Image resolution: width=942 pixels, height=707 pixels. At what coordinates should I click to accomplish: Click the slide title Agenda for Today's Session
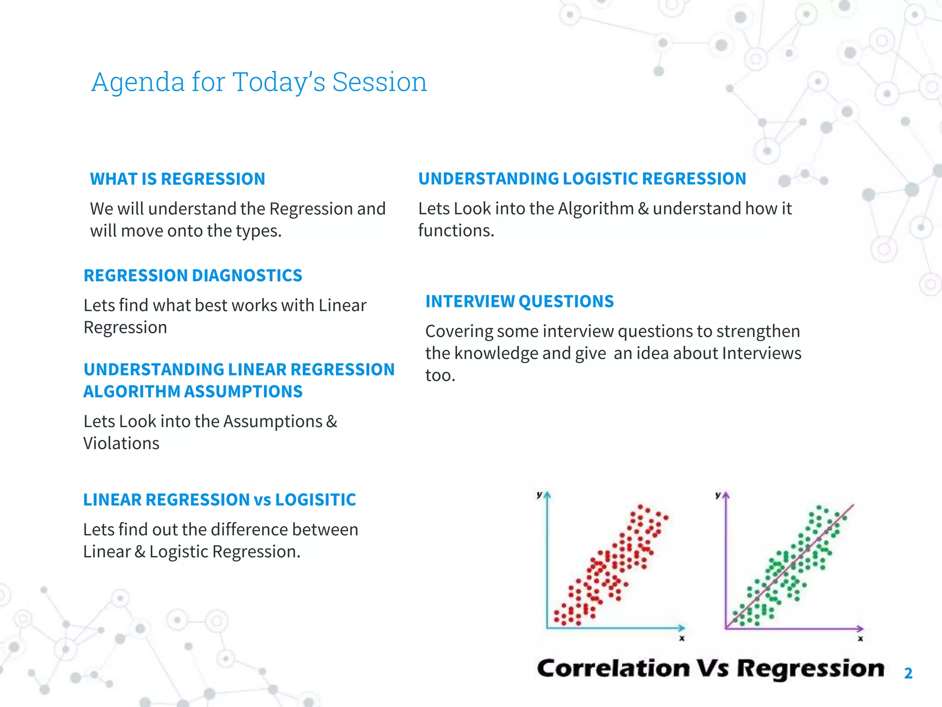[259, 82]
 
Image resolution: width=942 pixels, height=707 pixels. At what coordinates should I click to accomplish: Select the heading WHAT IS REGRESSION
[178, 179]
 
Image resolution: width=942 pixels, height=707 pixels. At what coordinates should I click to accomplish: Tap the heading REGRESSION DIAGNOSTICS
[193, 276]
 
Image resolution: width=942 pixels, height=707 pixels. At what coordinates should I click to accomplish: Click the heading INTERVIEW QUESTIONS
[519, 301]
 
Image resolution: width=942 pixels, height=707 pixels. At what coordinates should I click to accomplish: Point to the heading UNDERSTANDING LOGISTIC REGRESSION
[582, 179]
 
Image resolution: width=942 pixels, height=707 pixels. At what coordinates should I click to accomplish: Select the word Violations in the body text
[121, 444]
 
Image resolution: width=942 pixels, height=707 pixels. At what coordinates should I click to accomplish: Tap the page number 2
[908, 673]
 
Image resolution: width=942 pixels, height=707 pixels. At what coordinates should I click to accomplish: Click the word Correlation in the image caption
[613, 668]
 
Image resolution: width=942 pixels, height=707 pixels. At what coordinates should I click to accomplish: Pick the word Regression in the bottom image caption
[810, 668]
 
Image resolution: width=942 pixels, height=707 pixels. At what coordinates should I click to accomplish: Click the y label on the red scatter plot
[539, 495]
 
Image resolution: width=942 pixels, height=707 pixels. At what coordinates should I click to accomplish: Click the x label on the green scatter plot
[860, 639]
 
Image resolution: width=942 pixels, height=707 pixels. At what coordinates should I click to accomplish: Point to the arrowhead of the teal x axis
[682, 628]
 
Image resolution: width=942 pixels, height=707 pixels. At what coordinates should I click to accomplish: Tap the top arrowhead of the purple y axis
[726, 495]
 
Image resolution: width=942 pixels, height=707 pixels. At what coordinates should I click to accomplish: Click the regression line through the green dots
[789, 567]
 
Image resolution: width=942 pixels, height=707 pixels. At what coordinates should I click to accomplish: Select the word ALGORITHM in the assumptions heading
[132, 392]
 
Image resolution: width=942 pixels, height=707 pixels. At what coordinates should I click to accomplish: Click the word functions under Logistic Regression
[455, 231]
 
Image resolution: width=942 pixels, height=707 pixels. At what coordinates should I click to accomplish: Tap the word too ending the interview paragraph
[439, 376]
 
